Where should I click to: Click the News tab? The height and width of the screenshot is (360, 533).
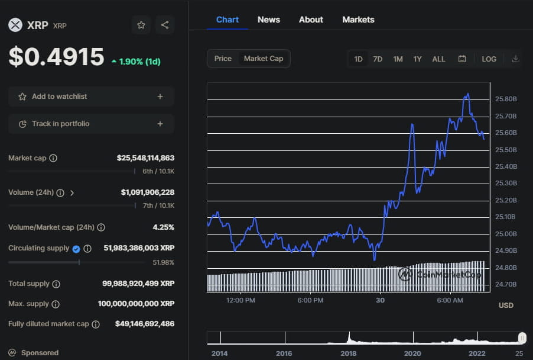coord(269,20)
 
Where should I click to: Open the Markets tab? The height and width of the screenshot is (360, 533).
coord(358,20)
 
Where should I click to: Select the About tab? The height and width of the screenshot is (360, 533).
coord(311,20)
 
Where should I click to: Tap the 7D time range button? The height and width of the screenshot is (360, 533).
coord(378,59)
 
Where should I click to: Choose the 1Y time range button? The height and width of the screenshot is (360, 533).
coord(417,59)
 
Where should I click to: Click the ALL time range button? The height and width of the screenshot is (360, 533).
coord(438,59)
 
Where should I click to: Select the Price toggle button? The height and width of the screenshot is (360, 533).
coord(223,59)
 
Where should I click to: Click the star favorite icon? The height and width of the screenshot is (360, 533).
coord(141,25)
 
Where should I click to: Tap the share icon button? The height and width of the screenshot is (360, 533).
coord(165,25)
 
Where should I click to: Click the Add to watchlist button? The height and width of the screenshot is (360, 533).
coord(91,97)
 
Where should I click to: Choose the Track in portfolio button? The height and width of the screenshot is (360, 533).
coord(91,124)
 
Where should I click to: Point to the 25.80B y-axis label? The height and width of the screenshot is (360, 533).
coord(506,99)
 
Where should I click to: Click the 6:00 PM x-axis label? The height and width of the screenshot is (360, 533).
coord(310,300)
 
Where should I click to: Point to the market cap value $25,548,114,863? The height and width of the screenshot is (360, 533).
coord(145,158)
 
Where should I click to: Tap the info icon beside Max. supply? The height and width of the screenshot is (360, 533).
coord(56,304)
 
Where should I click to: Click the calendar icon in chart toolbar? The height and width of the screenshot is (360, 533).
coord(462,59)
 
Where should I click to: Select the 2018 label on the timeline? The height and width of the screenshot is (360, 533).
coord(348,353)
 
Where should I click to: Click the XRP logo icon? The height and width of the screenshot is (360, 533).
coord(15,25)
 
